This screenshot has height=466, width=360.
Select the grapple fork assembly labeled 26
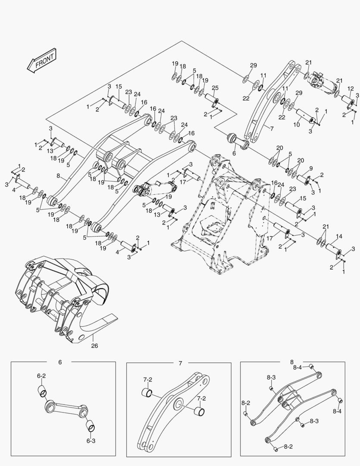(x=65, y=302)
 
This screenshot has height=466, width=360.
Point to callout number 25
(x=215, y=88)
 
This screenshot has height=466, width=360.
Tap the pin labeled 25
(x=211, y=100)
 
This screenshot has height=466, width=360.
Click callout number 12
(x=350, y=88)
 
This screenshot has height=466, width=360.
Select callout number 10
(x=296, y=125)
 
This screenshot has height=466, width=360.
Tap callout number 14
(x=339, y=236)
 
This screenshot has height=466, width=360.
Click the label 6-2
(x=41, y=376)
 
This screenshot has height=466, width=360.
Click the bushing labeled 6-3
(x=91, y=427)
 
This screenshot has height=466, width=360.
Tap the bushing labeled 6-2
(x=41, y=391)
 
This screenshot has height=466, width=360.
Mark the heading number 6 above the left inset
(x=59, y=362)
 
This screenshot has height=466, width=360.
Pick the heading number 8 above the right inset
(x=291, y=362)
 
